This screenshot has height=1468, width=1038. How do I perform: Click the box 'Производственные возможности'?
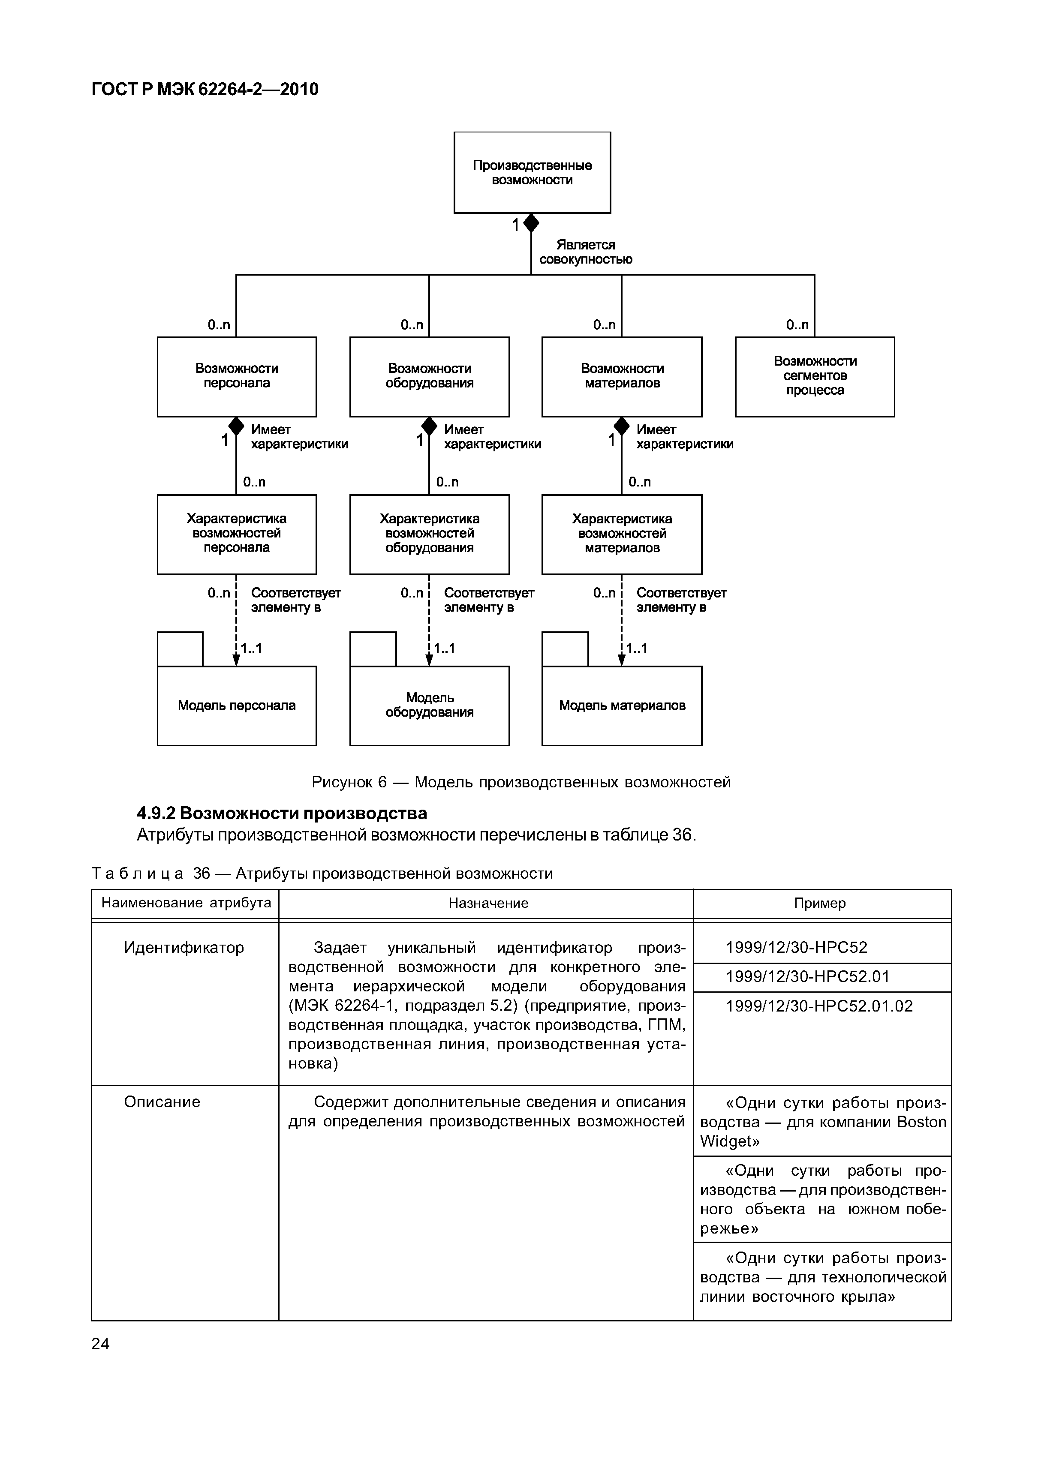point(532,173)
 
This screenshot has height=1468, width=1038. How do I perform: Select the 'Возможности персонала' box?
point(237,377)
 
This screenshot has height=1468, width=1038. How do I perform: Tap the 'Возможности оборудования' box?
point(429,377)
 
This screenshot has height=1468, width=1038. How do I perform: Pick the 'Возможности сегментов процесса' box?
point(814,377)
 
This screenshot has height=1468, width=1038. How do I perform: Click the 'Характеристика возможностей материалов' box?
point(622,534)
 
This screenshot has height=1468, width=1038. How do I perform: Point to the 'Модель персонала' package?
point(237,705)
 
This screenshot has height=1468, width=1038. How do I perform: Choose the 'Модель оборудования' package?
point(429,705)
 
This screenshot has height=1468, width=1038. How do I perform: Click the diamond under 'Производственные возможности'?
point(532,223)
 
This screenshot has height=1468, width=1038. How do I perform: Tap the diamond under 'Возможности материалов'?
point(622,426)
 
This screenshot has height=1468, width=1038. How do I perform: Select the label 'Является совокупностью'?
point(585,252)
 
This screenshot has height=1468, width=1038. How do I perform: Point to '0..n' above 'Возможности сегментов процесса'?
point(797,325)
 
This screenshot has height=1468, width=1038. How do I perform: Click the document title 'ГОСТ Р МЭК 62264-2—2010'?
point(205,90)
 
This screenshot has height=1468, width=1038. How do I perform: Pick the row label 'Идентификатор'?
point(184,948)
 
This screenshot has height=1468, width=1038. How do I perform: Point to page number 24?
point(100,1344)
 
